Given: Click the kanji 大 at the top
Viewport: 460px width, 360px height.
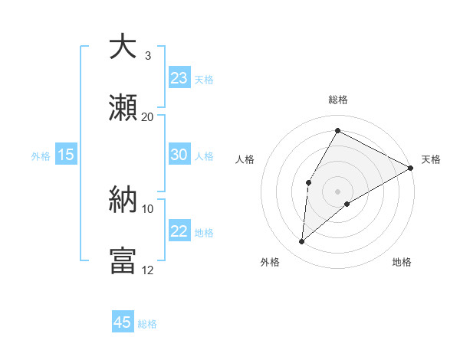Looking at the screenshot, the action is tap(123, 47).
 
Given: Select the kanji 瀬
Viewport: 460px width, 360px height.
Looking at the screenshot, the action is tap(123, 107).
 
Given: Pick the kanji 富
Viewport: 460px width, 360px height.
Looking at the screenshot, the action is tap(123, 260).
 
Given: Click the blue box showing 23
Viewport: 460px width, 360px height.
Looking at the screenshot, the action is tap(179, 77).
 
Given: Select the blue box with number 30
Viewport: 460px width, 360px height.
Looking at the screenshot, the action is tap(179, 155).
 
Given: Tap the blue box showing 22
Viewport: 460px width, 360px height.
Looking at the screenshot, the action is tap(179, 231).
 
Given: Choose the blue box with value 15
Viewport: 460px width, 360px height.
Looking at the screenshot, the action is tap(66, 155).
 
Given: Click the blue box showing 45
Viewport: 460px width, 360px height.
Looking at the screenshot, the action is tap(123, 322).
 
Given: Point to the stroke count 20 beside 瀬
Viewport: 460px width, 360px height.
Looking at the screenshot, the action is tap(148, 116).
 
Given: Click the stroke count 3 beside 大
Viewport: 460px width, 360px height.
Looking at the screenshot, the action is tap(148, 56).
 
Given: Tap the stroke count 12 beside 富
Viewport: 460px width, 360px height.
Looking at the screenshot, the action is tap(148, 270).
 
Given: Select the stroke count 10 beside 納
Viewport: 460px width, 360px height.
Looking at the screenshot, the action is tap(148, 208).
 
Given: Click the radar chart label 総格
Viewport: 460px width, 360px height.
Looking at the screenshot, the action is tap(338, 100).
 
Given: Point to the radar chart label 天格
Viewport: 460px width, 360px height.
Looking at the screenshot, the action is tap(431, 159).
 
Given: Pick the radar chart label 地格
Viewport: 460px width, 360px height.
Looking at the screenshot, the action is tap(402, 262).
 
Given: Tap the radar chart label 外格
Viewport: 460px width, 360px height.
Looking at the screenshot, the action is tap(270, 262).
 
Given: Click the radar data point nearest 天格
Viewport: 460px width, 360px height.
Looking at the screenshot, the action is tap(412, 168).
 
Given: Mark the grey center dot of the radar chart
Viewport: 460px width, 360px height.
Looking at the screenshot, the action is tap(338, 191).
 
